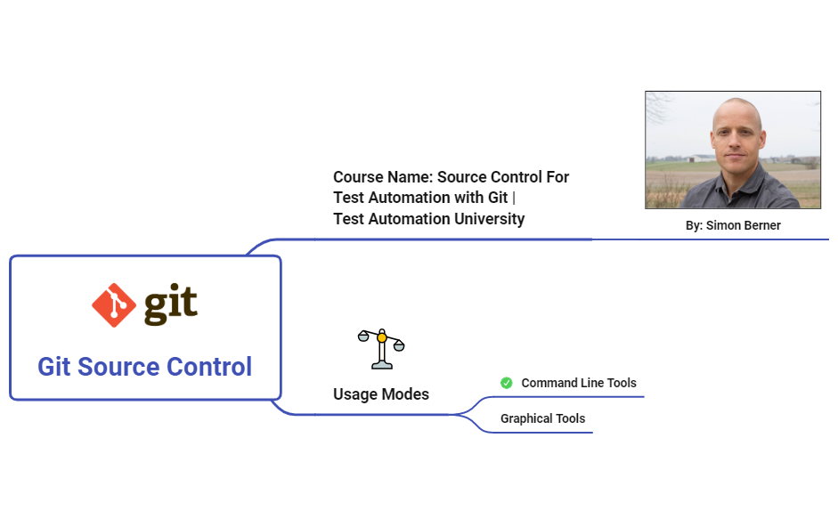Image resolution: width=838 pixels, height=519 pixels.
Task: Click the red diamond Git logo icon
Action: [114, 304]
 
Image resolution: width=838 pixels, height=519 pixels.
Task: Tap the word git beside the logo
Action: [170, 305]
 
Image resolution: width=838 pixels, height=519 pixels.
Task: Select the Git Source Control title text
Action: [144, 367]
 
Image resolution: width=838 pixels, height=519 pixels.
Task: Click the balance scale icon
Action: [381, 348]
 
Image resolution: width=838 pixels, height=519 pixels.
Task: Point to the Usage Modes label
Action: [380, 394]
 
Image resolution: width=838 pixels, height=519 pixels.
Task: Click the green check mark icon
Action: [507, 383]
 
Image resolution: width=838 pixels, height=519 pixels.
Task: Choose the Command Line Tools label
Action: [579, 383]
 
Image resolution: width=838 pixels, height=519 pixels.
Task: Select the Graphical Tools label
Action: [542, 418]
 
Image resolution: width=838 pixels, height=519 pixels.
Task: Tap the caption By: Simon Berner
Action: [733, 226]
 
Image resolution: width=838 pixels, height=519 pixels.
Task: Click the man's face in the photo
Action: [737, 138]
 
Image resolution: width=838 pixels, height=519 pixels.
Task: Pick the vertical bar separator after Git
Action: [514, 198]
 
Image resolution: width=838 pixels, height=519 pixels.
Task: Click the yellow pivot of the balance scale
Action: [382, 337]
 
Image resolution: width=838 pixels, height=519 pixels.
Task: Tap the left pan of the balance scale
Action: [363, 337]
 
